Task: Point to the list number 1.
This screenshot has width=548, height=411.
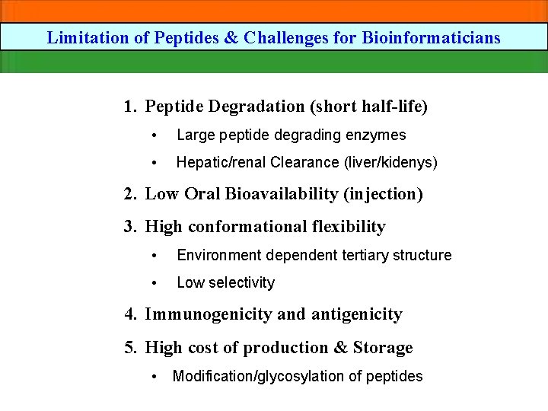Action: (129, 106)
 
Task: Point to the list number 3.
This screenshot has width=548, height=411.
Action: (129, 227)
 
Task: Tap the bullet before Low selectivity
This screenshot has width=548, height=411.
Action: (155, 283)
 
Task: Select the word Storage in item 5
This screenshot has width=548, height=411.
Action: (383, 348)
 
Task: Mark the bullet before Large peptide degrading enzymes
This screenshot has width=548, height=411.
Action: (155, 136)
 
